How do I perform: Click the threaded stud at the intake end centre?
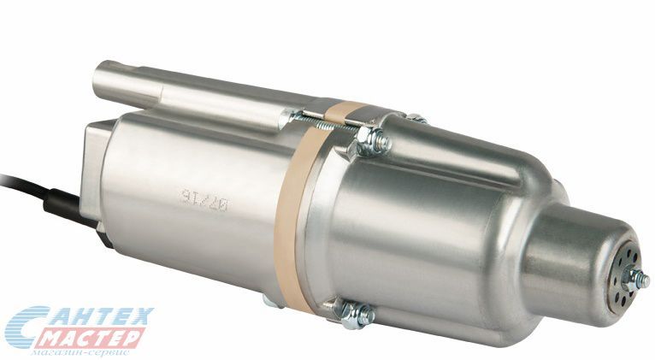click(x=636, y=277)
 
